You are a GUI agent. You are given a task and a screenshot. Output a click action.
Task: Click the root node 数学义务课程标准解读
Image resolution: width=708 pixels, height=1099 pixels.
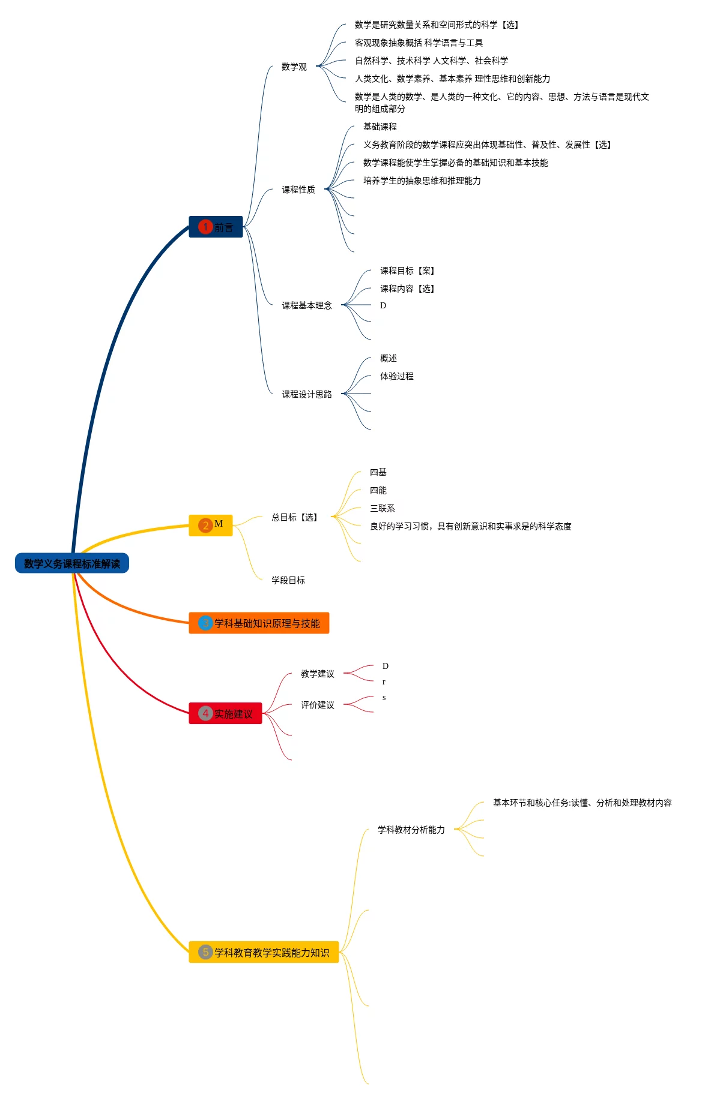coord(72,563)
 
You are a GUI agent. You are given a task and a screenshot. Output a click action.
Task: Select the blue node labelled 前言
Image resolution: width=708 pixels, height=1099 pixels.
coord(223,227)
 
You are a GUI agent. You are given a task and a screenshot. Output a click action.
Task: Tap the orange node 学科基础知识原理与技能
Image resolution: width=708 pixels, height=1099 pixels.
coord(267,623)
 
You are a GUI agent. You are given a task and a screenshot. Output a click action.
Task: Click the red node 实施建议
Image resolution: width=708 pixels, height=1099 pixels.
coord(233,714)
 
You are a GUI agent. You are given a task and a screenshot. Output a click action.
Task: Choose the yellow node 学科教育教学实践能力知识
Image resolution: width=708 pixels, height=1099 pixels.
coord(271,953)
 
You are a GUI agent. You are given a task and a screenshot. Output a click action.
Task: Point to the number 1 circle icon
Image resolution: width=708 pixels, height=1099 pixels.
coord(205,227)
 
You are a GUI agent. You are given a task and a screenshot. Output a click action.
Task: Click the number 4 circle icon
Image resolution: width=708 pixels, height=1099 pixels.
coord(205,713)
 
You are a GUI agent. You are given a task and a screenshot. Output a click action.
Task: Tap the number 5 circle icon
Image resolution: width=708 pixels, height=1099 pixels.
coord(205,952)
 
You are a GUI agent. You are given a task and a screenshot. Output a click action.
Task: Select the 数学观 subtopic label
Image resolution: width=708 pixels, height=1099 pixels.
coord(294,67)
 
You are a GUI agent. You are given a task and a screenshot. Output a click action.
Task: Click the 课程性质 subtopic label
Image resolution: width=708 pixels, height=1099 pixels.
coord(298,190)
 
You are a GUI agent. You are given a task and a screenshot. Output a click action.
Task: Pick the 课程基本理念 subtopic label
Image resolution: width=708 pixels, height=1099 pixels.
coord(307,305)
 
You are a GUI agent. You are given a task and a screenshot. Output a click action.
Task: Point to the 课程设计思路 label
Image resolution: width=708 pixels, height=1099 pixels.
coord(307,394)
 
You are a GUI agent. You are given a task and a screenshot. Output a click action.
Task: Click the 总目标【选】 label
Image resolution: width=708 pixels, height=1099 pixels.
coord(295,517)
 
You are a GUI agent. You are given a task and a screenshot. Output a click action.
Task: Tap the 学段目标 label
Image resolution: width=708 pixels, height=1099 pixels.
coord(288,580)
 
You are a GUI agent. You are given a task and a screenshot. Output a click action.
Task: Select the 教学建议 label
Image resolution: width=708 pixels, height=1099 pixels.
coord(318,674)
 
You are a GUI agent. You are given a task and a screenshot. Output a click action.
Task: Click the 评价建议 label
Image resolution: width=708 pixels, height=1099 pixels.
coord(318,705)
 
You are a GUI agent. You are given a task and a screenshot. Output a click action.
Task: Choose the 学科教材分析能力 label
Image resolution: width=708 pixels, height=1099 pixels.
coord(411,830)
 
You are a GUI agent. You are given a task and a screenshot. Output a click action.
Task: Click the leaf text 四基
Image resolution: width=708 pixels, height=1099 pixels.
coord(378,472)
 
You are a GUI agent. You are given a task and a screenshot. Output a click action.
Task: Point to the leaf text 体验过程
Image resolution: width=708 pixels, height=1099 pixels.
coord(397,376)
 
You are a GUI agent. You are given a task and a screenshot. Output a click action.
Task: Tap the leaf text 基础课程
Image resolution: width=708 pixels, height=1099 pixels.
coord(380,127)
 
